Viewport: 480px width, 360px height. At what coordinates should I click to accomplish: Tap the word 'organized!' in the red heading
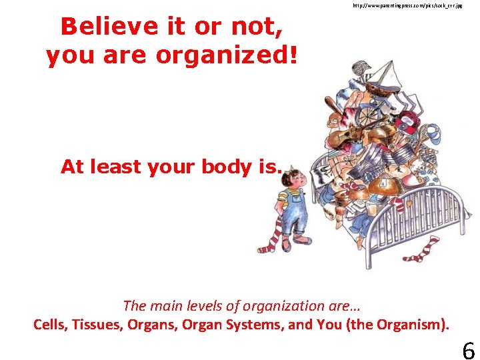(226, 56)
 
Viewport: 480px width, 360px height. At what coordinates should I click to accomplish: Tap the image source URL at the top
(407, 5)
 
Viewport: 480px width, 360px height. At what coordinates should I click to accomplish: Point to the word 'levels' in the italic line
(205, 306)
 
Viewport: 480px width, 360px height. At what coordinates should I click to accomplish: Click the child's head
(291, 179)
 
